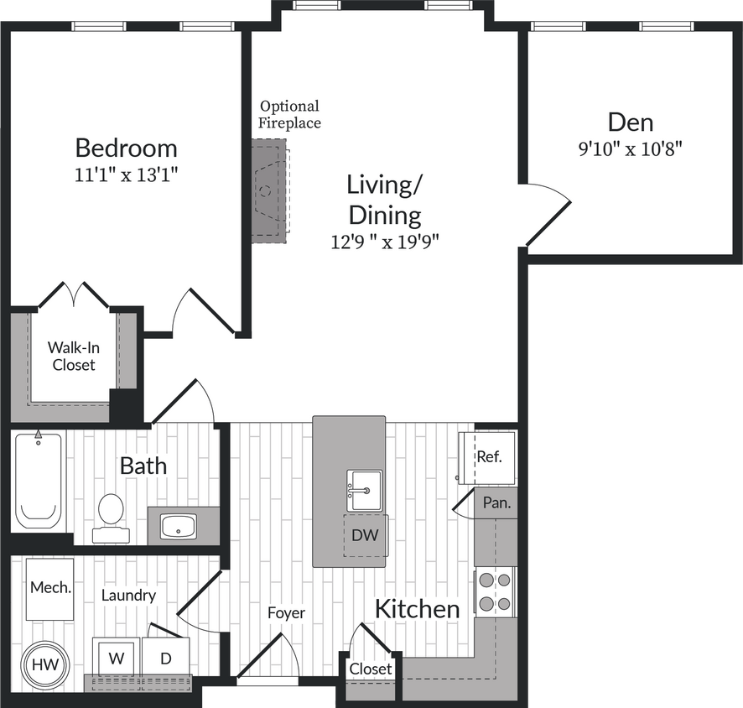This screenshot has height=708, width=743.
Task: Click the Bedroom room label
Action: [x=126, y=148]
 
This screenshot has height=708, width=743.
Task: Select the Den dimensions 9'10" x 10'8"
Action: [x=630, y=150]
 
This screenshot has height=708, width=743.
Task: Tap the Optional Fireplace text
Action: [x=289, y=114]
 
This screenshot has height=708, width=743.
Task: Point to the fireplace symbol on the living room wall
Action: [x=270, y=191]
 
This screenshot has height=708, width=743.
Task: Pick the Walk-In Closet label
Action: [x=71, y=356]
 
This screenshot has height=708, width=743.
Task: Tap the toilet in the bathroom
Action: [x=110, y=513]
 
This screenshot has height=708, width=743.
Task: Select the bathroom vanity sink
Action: [x=177, y=527]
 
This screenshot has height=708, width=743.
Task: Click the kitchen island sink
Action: [x=364, y=488]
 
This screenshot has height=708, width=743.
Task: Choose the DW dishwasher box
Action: [x=366, y=535]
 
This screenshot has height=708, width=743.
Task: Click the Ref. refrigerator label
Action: [x=489, y=457]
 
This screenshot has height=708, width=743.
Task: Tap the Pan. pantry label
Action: [x=495, y=504]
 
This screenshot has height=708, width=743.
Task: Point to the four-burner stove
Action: [x=495, y=591]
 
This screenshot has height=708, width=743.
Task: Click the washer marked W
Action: [x=117, y=658]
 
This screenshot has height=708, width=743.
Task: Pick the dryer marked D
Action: [x=165, y=658]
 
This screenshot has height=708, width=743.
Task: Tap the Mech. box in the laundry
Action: [x=50, y=588]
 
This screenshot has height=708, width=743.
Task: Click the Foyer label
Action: [x=286, y=613]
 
